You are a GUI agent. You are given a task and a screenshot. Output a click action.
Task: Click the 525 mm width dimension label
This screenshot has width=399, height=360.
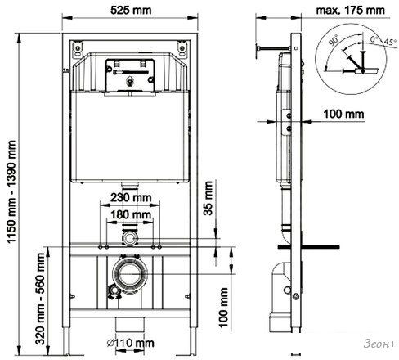pyautogui.click(x=131, y=11)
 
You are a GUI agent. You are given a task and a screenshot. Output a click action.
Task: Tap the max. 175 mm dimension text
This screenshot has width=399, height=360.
pyautogui.click(x=350, y=11)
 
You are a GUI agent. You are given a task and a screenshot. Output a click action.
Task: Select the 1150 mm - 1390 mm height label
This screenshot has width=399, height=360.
pyautogui.click(x=11, y=191)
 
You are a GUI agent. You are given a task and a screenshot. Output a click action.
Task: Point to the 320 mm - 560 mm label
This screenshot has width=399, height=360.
pyautogui.click(x=40, y=299)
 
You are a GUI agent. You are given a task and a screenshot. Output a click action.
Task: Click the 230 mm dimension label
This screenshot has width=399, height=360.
pyautogui.click(x=131, y=197)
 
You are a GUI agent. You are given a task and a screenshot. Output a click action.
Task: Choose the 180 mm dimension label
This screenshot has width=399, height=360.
pyautogui.click(x=131, y=215)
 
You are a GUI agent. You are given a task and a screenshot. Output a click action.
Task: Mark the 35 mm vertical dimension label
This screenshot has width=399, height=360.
pyautogui.click(x=208, y=198)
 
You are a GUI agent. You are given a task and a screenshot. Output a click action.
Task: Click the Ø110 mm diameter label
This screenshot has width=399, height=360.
pyautogui.click(x=131, y=343)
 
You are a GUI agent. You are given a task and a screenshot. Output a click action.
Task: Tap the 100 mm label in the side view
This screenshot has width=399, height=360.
pyautogui.click(x=343, y=114)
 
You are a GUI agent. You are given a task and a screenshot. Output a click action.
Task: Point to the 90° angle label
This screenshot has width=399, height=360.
pyautogui.click(x=333, y=40)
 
